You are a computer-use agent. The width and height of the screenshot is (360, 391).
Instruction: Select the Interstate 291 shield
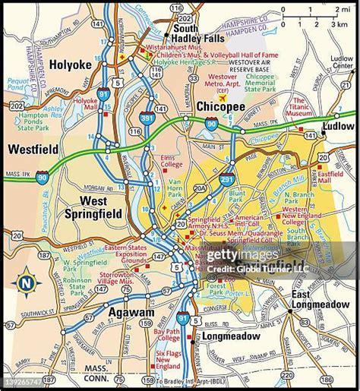click(226, 180)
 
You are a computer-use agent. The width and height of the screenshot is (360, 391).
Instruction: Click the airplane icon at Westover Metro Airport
click(223, 98)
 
